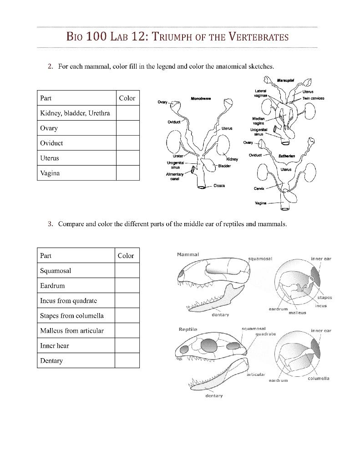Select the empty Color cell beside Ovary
pyautogui.click(x=127, y=128)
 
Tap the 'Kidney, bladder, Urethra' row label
pyautogui.click(x=75, y=113)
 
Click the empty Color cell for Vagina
pyautogui.click(x=127, y=173)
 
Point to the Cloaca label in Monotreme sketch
pyautogui.click(x=219, y=186)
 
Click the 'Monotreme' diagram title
pyautogui.click(x=200, y=98)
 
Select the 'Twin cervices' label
pyautogui.click(x=313, y=98)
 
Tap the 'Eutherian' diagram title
pyautogui.click(x=287, y=156)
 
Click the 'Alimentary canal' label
pyautogui.click(x=175, y=177)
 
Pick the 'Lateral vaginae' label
pyautogui.click(x=260, y=93)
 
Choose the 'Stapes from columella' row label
pyautogui.click(x=72, y=315)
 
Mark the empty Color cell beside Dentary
pyautogui.click(x=127, y=360)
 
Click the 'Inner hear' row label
pyautogui.click(x=55, y=345)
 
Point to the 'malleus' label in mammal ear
pyautogui.click(x=298, y=313)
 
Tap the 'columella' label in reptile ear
pyautogui.click(x=319, y=379)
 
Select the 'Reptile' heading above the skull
pyautogui.click(x=188, y=329)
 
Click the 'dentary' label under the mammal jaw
pyautogui.click(x=220, y=315)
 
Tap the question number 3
pyautogui.click(x=51, y=224)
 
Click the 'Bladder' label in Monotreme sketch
pyautogui.click(x=224, y=166)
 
